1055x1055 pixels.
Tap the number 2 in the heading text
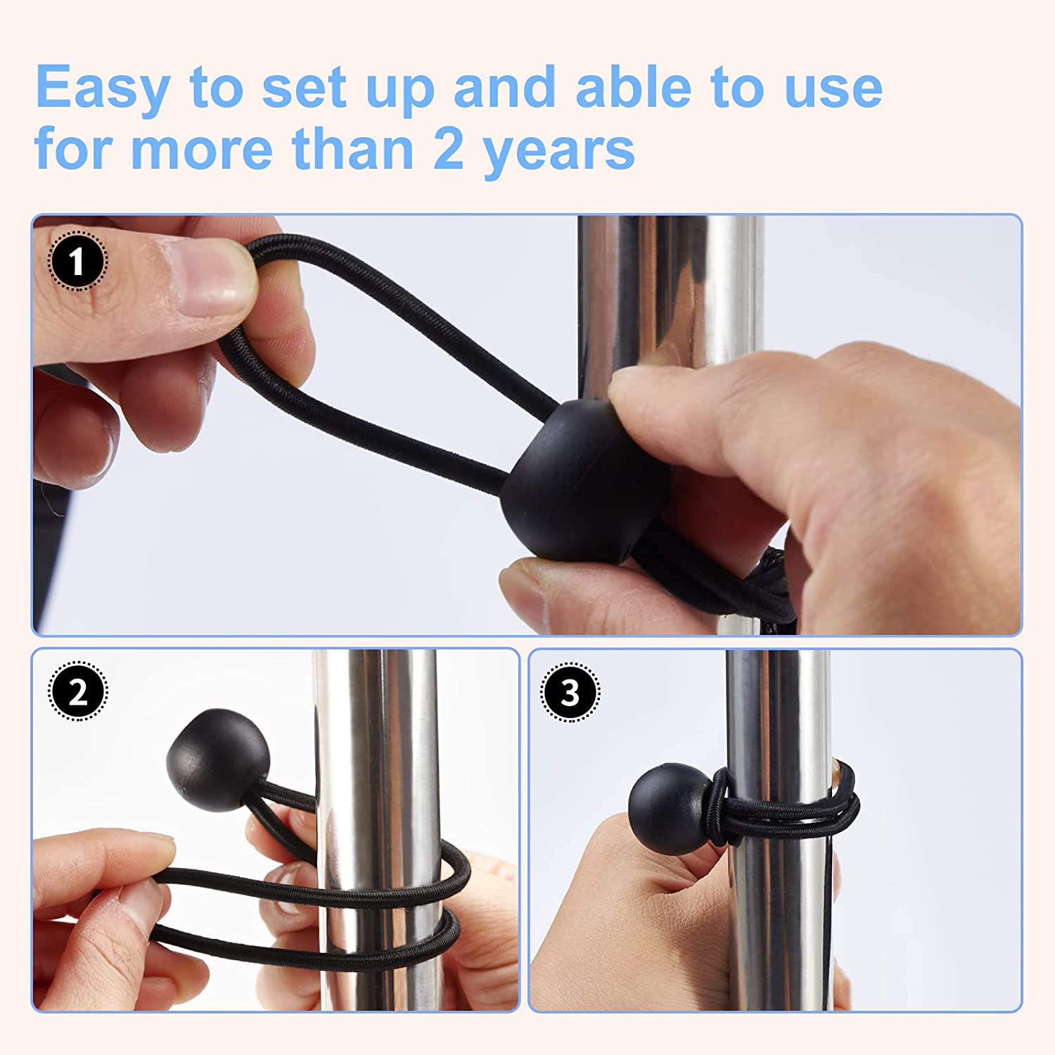click(x=448, y=149)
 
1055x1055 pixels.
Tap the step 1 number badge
click(x=77, y=261)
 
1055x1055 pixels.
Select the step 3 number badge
click(x=570, y=692)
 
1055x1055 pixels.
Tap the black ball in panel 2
click(x=218, y=760)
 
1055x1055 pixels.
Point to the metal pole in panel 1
click(x=668, y=295)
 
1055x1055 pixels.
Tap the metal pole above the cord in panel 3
click(x=777, y=703)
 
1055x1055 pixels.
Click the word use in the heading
click(x=833, y=88)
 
